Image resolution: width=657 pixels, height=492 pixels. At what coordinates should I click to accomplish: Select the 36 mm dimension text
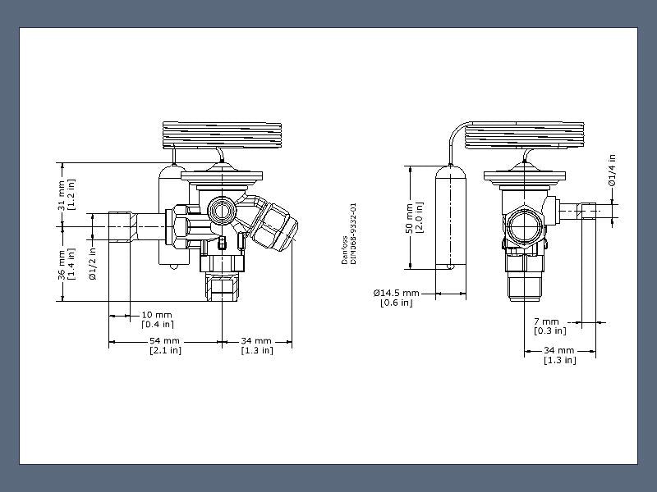click(x=62, y=262)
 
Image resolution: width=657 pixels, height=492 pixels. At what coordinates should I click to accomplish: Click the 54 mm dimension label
click(x=165, y=340)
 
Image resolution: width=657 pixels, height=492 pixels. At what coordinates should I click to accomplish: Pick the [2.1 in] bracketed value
click(x=165, y=350)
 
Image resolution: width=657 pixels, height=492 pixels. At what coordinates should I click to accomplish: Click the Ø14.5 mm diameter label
click(x=396, y=293)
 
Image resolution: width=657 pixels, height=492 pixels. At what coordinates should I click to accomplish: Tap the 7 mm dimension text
click(x=546, y=321)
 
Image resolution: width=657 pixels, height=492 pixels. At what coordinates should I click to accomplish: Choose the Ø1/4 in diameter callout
click(x=612, y=170)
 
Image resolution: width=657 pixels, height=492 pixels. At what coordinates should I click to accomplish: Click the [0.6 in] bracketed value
click(x=396, y=303)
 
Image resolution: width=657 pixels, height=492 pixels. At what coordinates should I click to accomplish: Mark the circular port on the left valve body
click(x=221, y=210)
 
